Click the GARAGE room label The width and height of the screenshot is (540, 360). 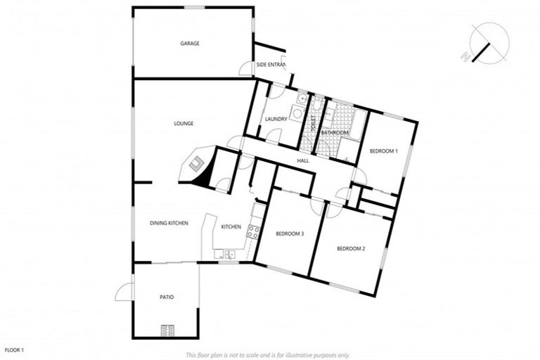[190, 44]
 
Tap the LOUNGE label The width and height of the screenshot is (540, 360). [184, 124]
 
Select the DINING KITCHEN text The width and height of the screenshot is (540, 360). [169, 224]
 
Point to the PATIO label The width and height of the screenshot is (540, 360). [167, 297]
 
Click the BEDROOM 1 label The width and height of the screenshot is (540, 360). [384, 151]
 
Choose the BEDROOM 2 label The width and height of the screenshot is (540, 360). [351, 249]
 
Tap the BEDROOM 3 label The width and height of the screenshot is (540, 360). [290, 233]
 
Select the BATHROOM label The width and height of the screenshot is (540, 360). [335, 132]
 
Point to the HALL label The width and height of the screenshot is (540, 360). [303, 161]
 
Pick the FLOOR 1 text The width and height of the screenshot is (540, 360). [15, 349]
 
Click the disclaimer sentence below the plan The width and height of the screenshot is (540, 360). [268, 355]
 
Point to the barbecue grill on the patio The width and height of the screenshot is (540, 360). [169, 328]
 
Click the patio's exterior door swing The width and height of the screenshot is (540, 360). [124, 291]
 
